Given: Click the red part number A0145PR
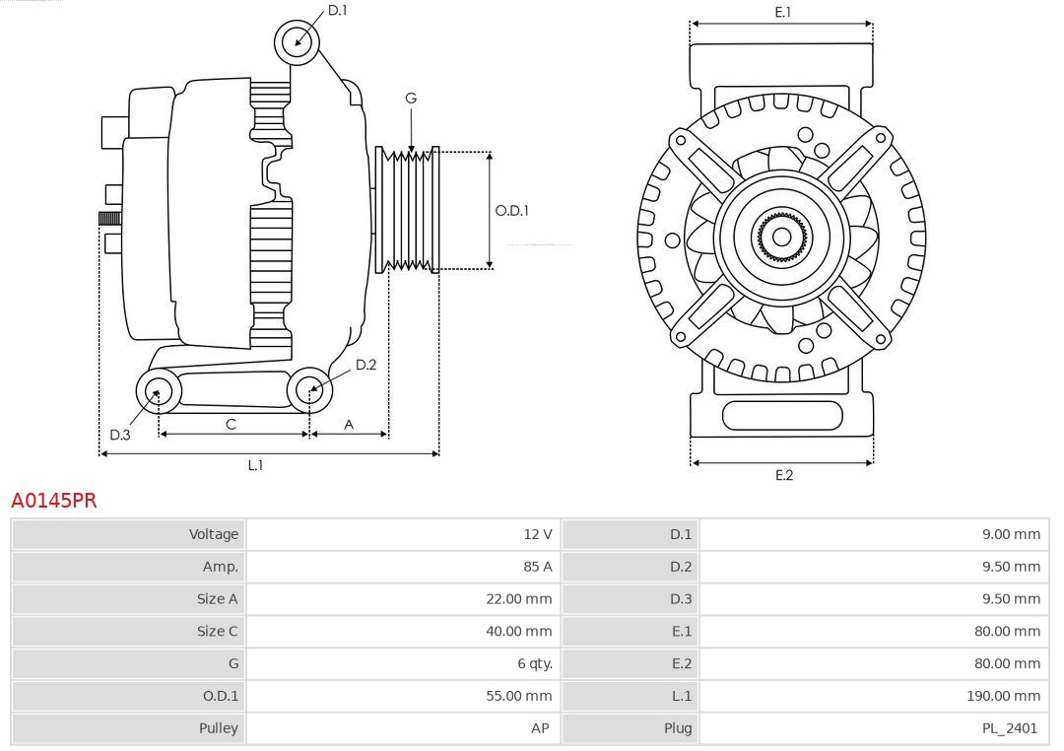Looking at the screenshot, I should [54, 501].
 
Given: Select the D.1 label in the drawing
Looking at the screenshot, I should [337, 10].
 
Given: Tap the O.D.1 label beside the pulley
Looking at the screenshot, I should [511, 210].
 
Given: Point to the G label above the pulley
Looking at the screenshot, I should [411, 98].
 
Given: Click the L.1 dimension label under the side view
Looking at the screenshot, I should [255, 465].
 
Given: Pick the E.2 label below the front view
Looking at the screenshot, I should [783, 475].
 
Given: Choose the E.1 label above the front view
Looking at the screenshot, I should [782, 12].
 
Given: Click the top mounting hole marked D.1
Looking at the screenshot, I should [297, 42].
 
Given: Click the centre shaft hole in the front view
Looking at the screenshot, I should [781, 237].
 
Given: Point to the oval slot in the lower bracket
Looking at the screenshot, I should [782, 416].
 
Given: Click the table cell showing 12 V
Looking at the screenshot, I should [538, 534].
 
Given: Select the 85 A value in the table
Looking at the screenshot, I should [538, 567].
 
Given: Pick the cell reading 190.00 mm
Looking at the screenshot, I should [1003, 696].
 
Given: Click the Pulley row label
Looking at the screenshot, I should [218, 728].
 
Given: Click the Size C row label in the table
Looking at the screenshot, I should [217, 631].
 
